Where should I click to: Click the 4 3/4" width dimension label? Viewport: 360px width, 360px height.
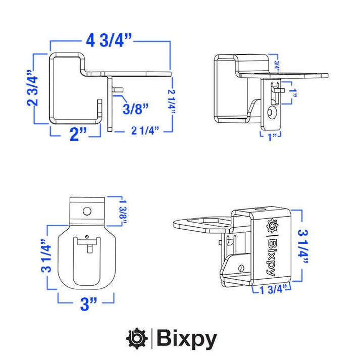(110, 40)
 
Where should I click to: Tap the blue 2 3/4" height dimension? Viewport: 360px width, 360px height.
(32, 88)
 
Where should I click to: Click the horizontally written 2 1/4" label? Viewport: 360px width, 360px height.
(145, 130)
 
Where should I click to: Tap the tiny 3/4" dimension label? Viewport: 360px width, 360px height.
(276, 66)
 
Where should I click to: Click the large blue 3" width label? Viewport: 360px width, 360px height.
(89, 304)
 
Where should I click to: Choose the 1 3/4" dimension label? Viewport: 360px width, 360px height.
(273, 289)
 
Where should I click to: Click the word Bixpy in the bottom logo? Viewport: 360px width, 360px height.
(187, 338)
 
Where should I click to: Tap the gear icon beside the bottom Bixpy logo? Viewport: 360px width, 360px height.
(136, 338)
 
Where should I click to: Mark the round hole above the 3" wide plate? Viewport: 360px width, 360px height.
(86, 211)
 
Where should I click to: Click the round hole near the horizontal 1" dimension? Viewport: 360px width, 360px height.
(273, 113)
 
